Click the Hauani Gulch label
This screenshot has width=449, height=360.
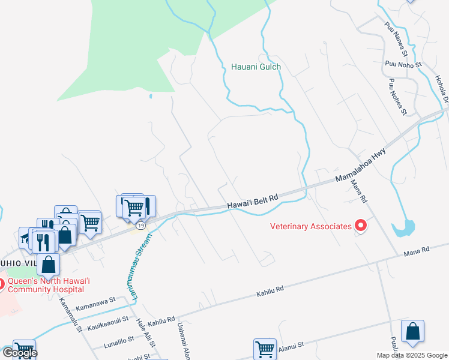pyautogui.click(x=256, y=67)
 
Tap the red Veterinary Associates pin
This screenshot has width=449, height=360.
pyautogui.click(x=361, y=226)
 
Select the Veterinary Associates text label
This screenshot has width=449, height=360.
pyautogui.click(x=310, y=226)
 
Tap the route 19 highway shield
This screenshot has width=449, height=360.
pyautogui.click(x=140, y=225)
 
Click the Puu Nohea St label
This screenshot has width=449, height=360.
pyautogui.click(x=398, y=96)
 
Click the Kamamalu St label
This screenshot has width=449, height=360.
pyautogui.click(x=70, y=318)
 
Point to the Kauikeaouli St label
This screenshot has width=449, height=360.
pyautogui.click(x=109, y=324)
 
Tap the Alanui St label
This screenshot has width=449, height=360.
pyautogui.click(x=292, y=345)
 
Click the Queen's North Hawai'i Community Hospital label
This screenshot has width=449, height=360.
pyautogui.click(x=44, y=283)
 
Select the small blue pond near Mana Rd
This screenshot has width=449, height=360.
pyautogui.click(x=403, y=228)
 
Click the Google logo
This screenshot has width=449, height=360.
pyautogui.click(x=19, y=353)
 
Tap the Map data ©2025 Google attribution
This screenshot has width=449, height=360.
pyautogui.click(x=412, y=355)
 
